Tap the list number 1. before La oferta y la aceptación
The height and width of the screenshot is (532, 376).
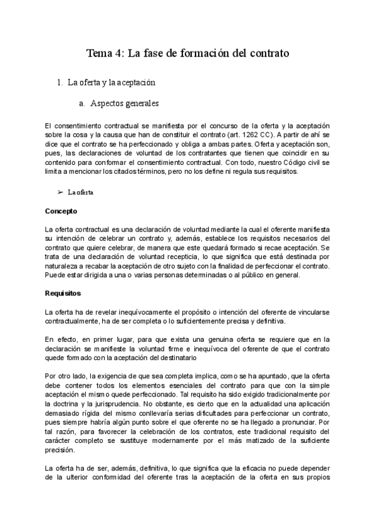[x=60, y=82]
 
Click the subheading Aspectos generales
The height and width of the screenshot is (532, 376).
[x=125, y=103]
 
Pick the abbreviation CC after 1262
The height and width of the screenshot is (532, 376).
[x=268, y=134]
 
